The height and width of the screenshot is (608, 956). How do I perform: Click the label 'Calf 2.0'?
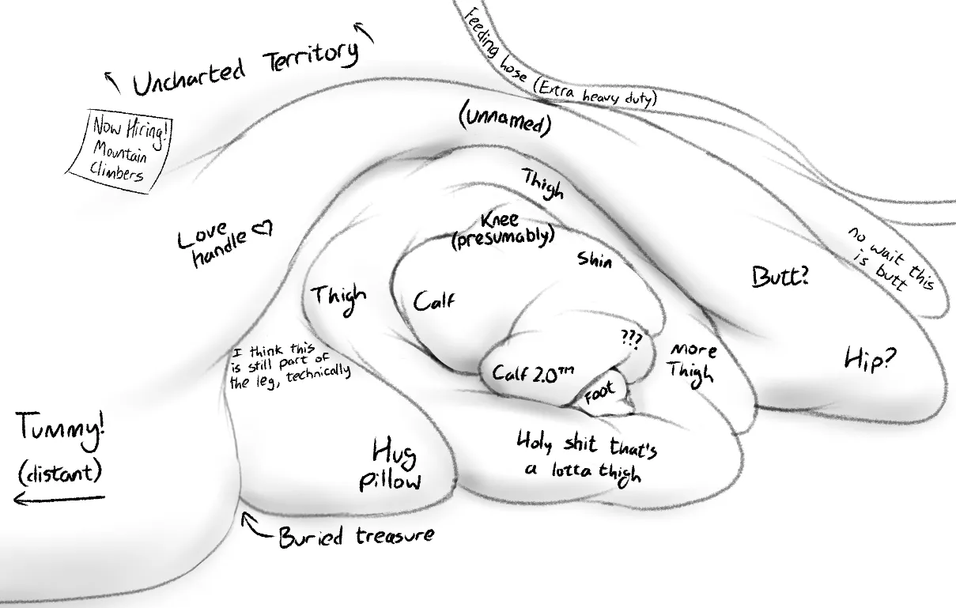click(533, 373)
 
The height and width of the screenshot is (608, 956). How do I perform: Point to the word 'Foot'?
click(599, 392)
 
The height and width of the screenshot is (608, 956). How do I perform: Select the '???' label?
click(632, 340)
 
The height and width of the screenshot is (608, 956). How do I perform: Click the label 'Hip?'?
click(870, 360)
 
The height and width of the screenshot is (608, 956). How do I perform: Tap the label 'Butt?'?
click(780, 277)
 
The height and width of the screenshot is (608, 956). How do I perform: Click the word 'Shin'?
click(595, 259)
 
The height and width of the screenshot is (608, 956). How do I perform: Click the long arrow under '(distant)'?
click(59, 498)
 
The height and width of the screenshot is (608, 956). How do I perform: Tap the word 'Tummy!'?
click(61, 430)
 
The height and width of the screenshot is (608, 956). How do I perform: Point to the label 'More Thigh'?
click(692, 364)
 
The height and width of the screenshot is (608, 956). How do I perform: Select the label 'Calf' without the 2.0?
click(434, 300)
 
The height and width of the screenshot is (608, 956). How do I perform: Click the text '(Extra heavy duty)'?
click(595, 95)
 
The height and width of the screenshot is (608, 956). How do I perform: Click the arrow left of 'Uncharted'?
click(112, 82)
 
